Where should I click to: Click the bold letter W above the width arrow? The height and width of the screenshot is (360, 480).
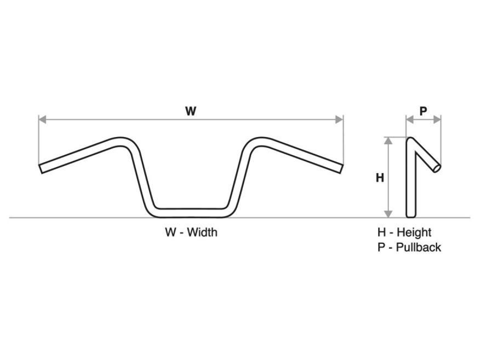[x=190, y=111]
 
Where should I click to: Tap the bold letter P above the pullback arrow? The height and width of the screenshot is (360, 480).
[x=423, y=111]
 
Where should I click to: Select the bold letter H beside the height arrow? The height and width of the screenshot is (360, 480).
[x=379, y=178]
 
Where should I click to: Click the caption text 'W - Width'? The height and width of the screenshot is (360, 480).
[x=191, y=232]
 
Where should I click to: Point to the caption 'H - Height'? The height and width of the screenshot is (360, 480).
[x=404, y=232]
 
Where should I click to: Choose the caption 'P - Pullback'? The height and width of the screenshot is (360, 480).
[x=409, y=247]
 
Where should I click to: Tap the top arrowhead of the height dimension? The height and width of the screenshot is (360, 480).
[x=388, y=140]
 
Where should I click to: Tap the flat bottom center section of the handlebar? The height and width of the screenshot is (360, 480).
[x=191, y=209]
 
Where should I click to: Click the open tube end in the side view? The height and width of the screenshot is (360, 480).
[x=436, y=167]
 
